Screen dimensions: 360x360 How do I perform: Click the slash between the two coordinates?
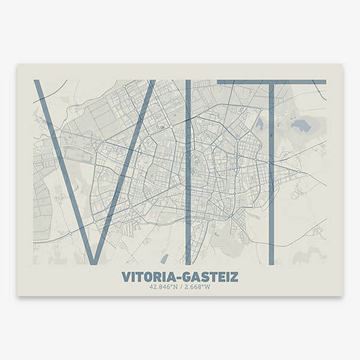(x=180, y=286)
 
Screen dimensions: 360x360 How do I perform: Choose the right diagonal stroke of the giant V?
(x=125, y=169)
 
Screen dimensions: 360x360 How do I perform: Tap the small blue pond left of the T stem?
(x=260, y=123)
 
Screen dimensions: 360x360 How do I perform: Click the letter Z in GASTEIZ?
(x=234, y=277)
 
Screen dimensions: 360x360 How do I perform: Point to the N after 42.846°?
(x=174, y=286)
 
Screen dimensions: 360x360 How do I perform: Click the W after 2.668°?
(x=207, y=286)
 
